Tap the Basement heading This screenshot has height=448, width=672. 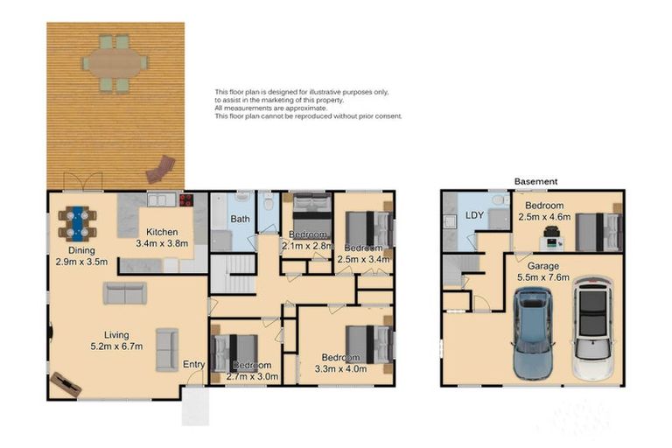pyautogui.click(x=535, y=181)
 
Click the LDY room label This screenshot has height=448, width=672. pyautogui.click(x=475, y=215)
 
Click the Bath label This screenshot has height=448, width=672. pyautogui.click(x=241, y=219)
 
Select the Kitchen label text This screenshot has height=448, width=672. pyautogui.click(x=162, y=232)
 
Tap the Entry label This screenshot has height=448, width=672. pyautogui.click(x=193, y=364)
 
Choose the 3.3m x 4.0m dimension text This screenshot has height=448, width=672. pyautogui.click(x=339, y=368)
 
